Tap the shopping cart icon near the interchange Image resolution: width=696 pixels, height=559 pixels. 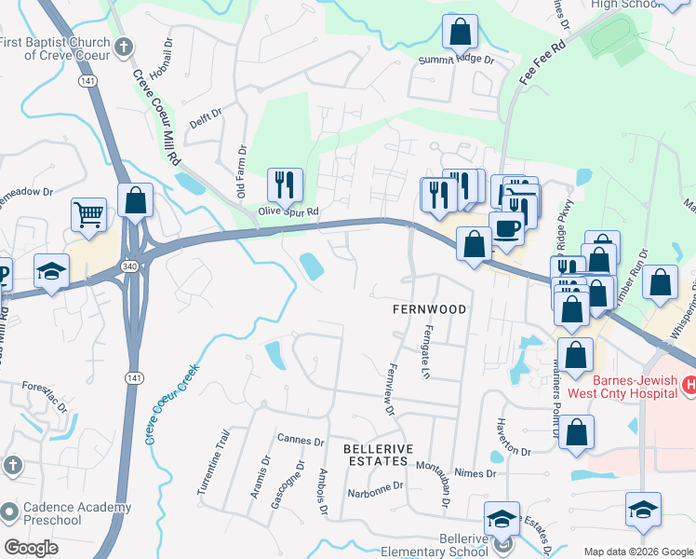coord(88,215)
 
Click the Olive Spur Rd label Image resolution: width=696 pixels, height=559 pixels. coord(288,211)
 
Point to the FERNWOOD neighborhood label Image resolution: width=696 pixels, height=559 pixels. coord(428,307)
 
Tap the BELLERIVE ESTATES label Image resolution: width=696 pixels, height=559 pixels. coord(376,455)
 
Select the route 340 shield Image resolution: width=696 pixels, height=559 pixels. coord(127,267)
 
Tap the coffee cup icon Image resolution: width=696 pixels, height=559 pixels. coord(506,229)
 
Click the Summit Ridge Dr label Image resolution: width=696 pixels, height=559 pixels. coord(454,60)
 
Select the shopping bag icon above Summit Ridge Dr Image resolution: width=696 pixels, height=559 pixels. coord(460,33)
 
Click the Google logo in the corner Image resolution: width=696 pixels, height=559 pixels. coord(32,548)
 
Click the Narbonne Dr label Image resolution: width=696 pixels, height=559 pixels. coord(374,485)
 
